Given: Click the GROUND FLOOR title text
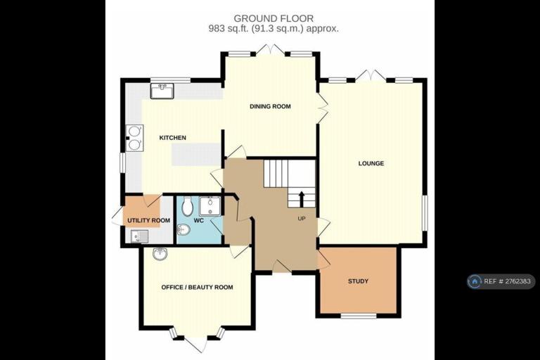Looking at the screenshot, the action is coord(274,18).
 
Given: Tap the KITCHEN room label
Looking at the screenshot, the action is coord(172,138).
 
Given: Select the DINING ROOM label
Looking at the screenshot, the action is coord(270,106).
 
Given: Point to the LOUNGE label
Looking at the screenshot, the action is coord(371,163).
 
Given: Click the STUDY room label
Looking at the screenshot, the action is coord(358,281).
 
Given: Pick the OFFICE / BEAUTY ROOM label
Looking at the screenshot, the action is coord(197,288).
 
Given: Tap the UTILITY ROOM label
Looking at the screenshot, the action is coord(149,221).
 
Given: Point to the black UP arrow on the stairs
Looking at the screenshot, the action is coord(302,199).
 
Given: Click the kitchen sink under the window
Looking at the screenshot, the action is coord(162,91).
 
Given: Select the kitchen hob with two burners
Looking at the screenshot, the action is coord(134,138).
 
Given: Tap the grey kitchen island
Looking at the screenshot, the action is coord(195,154).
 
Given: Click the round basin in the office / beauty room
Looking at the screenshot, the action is coord(160,254).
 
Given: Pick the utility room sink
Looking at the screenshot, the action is coord(139,237).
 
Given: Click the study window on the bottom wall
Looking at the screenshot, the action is coord(359,316).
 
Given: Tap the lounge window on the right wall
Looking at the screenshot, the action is coord(425,213).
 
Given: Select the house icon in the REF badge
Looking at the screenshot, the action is coord(475,281).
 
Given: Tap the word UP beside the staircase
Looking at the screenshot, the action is coord(302,219).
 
